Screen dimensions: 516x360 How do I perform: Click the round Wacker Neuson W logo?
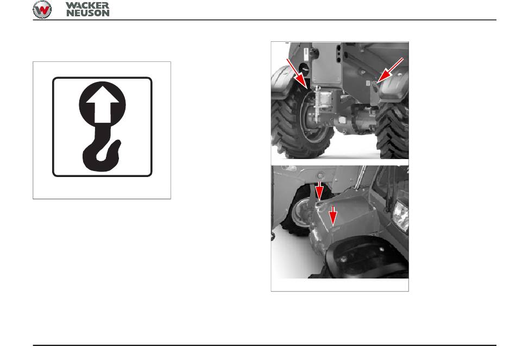click(x=42, y=9)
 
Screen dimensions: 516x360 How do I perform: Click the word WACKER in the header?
click(x=87, y=5)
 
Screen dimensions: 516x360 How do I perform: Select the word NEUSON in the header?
click(x=88, y=13)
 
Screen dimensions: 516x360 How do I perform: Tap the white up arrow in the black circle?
click(x=102, y=104)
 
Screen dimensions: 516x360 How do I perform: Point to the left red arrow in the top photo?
click(x=297, y=74)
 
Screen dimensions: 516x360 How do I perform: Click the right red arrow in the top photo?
click(x=390, y=70)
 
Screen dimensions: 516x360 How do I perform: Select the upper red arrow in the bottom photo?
click(x=319, y=191)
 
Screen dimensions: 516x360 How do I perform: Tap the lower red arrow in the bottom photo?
click(x=333, y=217)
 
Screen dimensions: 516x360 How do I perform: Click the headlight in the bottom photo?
click(x=401, y=216)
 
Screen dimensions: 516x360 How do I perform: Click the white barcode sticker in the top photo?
click(x=306, y=54)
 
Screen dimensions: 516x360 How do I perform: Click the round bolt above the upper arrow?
click(x=320, y=175)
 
